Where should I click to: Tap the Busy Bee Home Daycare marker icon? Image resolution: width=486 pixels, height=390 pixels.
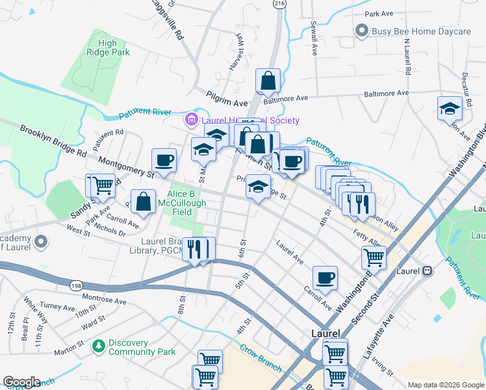tap(361, 31)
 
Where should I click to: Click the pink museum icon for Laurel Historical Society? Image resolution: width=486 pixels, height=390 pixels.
tap(191, 120)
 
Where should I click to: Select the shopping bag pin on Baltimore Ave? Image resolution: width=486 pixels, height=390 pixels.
tap(268, 82)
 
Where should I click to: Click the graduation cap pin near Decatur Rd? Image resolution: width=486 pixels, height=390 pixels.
tap(449, 108)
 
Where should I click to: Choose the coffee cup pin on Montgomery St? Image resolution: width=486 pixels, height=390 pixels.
tap(164, 160)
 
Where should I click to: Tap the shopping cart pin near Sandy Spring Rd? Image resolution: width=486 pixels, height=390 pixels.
tap(103, 185)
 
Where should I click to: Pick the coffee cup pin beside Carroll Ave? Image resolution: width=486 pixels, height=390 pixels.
tap(325, 278)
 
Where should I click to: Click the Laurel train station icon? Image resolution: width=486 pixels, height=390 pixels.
tap(428, 270)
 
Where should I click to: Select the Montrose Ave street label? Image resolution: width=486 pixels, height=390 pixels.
tap(104, 300)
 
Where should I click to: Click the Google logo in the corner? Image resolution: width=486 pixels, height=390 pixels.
tap(21, 382)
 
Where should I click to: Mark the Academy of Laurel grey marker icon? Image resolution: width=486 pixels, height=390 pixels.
tap(42, 242)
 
